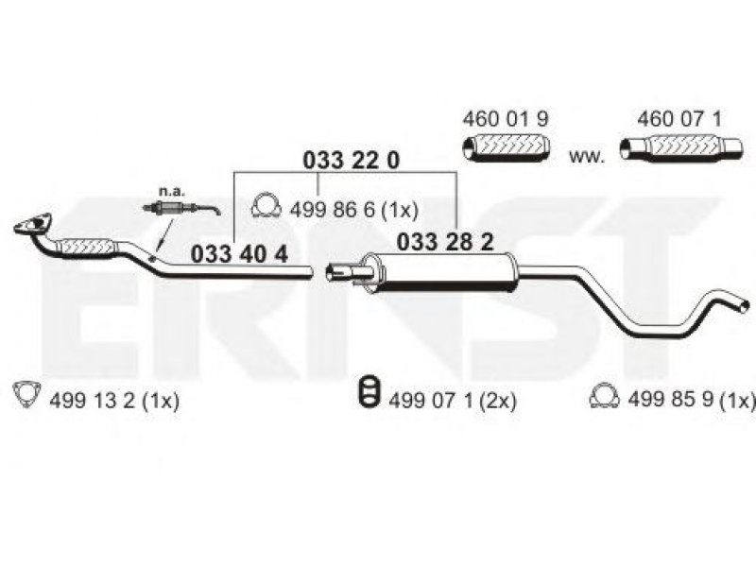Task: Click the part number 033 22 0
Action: tap(351, 161)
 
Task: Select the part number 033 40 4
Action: tap(239, 254)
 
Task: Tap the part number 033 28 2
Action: tap(445, 242)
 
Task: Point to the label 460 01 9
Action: tap(506, 119)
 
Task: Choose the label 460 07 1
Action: tap(679, 119)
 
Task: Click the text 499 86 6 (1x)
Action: tap(353, 210)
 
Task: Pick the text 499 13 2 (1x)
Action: tap(114, 401)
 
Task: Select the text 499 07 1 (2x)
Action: tap(453, 401)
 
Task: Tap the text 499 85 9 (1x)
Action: tap(691, 399)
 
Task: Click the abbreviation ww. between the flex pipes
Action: tap(586, 157)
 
